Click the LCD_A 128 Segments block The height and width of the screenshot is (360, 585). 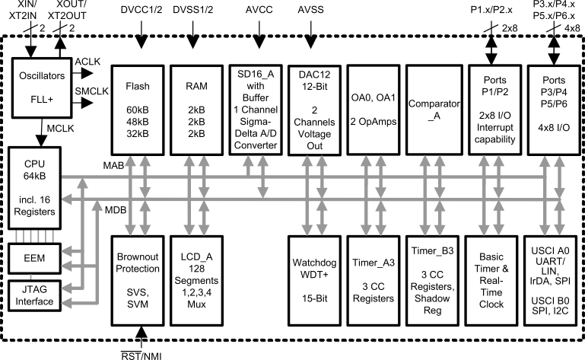(x=199, y=279)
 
